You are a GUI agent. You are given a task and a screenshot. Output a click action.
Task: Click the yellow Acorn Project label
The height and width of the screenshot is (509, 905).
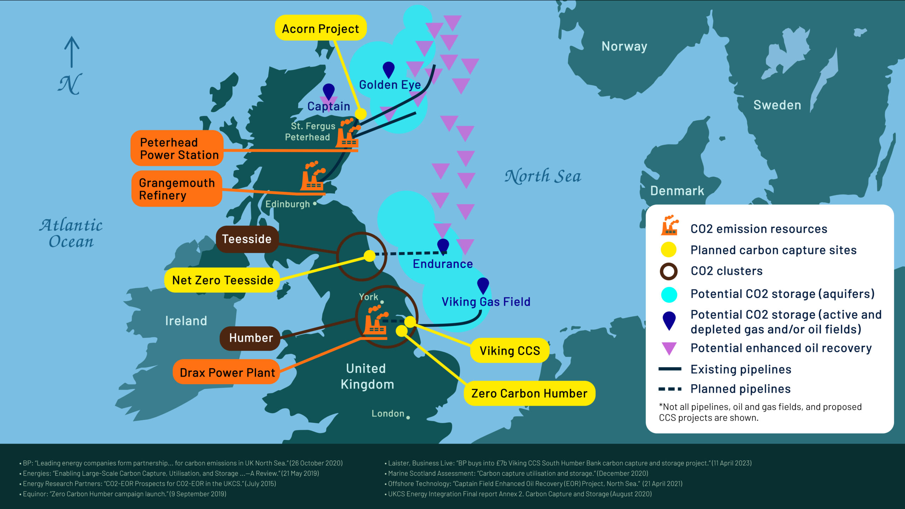coord(320,28)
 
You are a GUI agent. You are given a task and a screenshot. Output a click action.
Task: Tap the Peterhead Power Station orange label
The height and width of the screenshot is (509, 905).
coord(177,148)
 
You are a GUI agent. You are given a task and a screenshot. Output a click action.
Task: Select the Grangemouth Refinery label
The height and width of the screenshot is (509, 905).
coord(176,189)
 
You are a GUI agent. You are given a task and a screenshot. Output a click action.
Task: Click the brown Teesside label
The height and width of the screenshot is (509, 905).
coord(247,239)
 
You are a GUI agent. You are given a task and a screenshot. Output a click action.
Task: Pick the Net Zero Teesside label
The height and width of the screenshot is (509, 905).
coord(222,280)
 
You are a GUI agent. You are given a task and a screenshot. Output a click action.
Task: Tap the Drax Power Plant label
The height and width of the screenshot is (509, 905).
coord(227,372)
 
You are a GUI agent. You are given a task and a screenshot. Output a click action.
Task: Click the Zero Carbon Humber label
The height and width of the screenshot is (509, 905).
coord(529,393)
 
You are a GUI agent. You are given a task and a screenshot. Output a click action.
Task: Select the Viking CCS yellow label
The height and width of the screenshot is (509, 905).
coord(509,351)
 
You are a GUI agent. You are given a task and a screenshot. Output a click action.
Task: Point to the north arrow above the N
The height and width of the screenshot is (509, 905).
coord(72,51)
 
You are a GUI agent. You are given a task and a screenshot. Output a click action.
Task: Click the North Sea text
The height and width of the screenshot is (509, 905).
coord(543,176)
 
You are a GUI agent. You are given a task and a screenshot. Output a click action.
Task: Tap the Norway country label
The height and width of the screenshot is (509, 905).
coord(624,46)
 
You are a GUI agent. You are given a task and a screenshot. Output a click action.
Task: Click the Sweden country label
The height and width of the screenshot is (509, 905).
coord(777,105)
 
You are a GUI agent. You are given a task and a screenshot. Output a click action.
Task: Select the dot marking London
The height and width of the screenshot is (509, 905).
coord(408,417)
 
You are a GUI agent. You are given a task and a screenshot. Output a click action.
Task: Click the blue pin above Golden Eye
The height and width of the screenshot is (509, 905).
coord(389,69)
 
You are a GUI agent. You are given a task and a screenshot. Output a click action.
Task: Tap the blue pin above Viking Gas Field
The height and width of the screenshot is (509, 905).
coord(483,285)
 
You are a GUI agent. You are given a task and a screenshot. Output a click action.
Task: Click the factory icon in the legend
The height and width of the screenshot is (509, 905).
coord(669,225)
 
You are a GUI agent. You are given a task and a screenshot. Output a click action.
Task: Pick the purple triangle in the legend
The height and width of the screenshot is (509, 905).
coord(669,348)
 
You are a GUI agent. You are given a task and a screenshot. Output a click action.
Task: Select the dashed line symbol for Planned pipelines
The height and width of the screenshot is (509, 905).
coord(670,389)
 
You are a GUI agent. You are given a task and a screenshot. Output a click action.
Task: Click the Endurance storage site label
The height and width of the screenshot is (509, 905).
coord(443,264)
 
